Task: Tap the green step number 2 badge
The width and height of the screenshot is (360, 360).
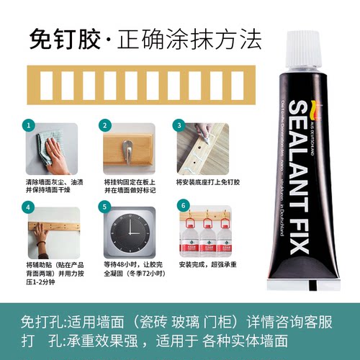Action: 104,125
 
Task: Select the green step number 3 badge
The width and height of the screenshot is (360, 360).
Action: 179,125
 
